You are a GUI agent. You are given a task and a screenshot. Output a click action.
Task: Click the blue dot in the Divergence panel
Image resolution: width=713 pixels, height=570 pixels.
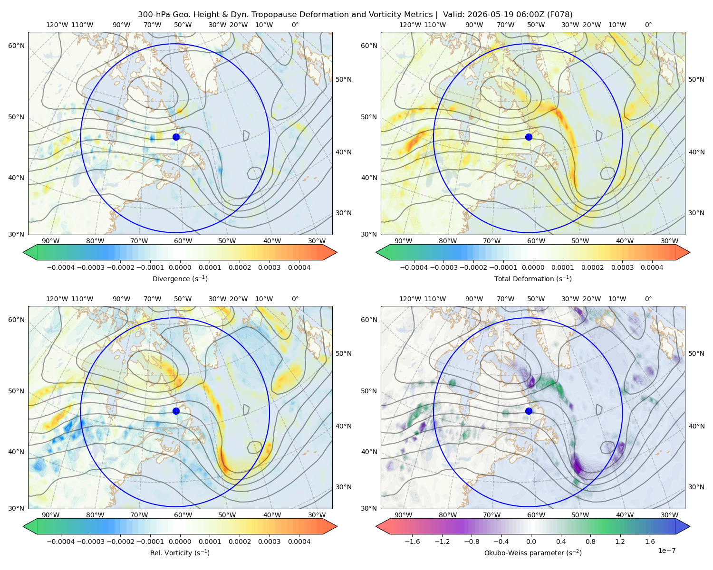click(176, 137)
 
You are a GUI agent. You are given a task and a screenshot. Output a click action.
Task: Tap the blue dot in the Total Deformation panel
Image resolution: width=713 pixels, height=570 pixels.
click(529, 137)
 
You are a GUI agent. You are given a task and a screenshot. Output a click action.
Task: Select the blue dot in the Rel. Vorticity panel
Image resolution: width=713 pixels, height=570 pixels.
click(176, 411)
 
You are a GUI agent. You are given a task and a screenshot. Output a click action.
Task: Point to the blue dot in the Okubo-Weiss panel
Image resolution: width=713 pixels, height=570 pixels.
click(529, 411)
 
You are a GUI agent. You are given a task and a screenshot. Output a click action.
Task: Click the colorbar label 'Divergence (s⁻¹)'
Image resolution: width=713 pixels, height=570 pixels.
click(180, 278)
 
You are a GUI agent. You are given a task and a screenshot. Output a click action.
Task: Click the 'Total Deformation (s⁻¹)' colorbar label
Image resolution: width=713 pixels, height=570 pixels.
click(533, 278)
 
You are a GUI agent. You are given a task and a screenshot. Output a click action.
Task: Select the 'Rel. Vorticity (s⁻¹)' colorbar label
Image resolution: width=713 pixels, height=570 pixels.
click(180, 552)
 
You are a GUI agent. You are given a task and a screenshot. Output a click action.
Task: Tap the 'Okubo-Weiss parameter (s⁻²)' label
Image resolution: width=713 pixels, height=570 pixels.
click(533, 552)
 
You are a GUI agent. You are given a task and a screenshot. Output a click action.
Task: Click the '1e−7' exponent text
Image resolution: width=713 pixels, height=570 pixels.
click(666, 551)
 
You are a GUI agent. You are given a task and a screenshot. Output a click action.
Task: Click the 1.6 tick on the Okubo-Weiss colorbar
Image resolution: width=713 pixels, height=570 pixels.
click(650, 541)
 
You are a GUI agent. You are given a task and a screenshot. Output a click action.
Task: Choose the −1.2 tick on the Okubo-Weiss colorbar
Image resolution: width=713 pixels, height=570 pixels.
click(442, 541)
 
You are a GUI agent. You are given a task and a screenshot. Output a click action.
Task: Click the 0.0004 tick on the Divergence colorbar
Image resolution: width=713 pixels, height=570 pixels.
click(299, 267)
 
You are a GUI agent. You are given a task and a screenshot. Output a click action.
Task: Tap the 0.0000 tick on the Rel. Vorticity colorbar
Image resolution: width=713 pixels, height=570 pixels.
click(180, 541)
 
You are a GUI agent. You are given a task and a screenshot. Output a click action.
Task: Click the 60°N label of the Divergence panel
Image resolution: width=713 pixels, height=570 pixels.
click(16, 46)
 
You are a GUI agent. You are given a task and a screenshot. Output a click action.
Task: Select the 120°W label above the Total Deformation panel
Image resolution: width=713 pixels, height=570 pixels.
click(410, 25)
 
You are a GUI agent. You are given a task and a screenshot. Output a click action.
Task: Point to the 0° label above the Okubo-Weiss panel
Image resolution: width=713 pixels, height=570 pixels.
click(648, 299)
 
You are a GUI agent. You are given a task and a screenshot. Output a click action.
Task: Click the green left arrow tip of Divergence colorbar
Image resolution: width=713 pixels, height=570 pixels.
click(23, 253)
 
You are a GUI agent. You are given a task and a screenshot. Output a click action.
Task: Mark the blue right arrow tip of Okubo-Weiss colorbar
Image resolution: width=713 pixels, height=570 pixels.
click(690, 527)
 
